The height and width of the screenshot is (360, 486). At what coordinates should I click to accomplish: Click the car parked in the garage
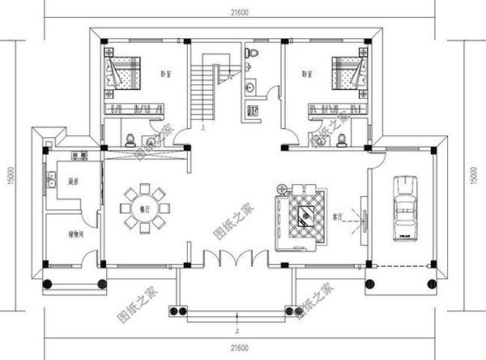click(x=403, y=207)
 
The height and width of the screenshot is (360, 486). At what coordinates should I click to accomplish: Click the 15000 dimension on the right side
click(x=475, y=173)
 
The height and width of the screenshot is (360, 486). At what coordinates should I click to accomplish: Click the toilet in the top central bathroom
click(x=253, y=52)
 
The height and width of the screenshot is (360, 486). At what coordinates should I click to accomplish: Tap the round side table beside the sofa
click(x=281, y=191)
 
